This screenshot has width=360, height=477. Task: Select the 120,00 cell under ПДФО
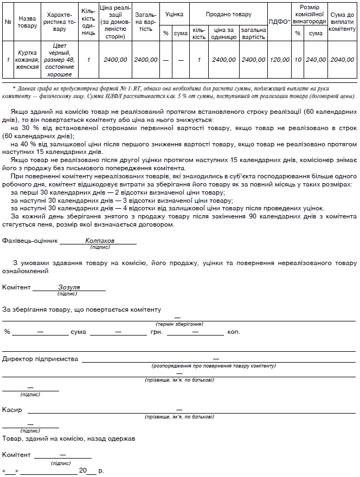[x=280, y=60]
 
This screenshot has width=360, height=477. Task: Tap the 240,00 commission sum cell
[x=316, y=60]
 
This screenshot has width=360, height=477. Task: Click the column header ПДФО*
[x=280, y=22]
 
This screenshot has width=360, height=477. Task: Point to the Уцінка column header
[x=174, y=12]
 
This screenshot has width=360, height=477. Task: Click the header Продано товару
[x=228, y=12]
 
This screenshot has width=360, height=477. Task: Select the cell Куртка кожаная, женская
[x=28, y=60]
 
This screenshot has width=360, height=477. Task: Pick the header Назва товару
[x=27, y=22]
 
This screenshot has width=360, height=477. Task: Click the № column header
[x=8, y=22]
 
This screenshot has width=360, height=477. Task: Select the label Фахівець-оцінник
[x=30, y=240]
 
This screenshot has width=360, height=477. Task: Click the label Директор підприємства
[x=40, y=359]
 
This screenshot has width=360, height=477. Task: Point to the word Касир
[x=12, y=410]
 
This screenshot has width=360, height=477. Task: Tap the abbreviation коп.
[x=234, y=332]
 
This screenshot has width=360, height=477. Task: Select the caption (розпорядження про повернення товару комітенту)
[x=215, y=366]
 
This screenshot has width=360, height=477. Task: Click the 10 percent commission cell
[x=298, y=60]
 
